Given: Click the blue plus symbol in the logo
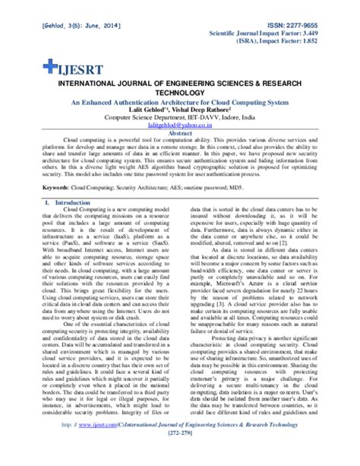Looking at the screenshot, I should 30,66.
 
